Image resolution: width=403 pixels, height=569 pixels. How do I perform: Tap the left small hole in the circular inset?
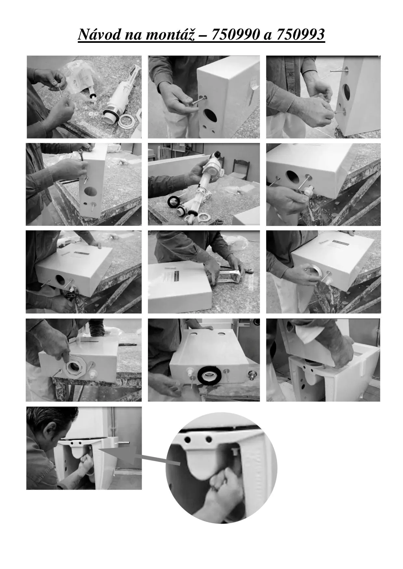coord(188,440)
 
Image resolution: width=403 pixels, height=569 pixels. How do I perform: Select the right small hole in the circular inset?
coord(209,440)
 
